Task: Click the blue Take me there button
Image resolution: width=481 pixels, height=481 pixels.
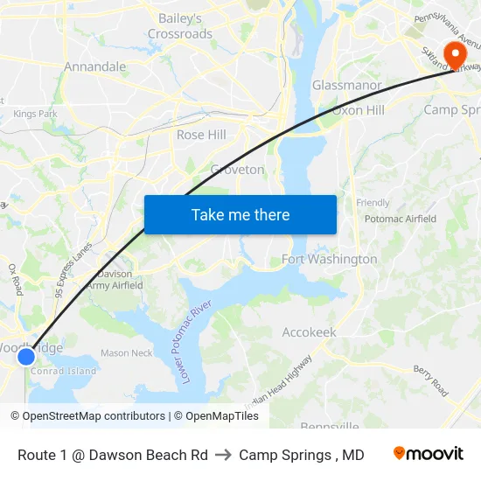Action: (x=240, y=214)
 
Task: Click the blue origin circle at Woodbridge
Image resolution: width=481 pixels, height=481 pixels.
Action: (x=26, y=356)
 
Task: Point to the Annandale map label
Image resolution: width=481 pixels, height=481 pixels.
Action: (x=95, y=66)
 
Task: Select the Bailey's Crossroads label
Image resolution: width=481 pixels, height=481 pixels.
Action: (x=180, y=26)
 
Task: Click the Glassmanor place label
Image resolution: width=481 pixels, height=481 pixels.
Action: (x=347, y=86)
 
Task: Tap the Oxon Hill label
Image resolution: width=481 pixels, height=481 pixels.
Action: (x=358, y=110)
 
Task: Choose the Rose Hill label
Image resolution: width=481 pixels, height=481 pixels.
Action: (x=201, y=135)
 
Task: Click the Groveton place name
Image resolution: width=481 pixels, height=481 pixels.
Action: (x=237, y=170)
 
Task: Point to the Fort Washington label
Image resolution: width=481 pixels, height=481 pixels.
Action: (x=330, y=259)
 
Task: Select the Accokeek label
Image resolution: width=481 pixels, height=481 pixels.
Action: (x=309, y=332)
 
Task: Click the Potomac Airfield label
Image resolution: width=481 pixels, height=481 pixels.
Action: (x=400, y=219)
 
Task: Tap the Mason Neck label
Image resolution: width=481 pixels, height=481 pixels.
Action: (x=126, y=353)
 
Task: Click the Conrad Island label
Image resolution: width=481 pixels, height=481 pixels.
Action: (x=64, y=371)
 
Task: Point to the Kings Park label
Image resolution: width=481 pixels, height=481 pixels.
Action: (x=35, y=114)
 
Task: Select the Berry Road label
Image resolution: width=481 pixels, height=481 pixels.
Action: (x=431, y=380)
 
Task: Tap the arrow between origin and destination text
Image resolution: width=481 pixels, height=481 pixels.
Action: (x=223, y=455)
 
